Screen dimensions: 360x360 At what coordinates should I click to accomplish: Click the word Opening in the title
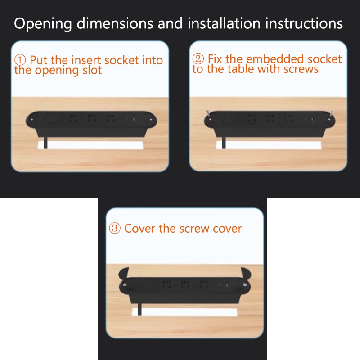point(43,24)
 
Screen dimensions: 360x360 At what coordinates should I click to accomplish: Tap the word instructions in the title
point(304,23)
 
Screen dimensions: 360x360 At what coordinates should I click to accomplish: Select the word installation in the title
point(224,23)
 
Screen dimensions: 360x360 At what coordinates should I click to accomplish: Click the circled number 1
point(20,60)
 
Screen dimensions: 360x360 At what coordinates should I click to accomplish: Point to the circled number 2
point(198,59)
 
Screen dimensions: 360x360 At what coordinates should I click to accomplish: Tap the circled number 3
point(115,229)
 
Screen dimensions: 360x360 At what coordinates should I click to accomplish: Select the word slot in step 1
point(92,70)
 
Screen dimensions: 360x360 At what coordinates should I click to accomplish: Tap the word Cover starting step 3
point(139,229)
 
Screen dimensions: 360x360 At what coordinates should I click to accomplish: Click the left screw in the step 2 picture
point(208,113)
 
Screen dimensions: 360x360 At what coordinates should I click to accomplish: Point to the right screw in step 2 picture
point(331,113)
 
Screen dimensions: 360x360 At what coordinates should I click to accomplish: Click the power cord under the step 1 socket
point(45,143)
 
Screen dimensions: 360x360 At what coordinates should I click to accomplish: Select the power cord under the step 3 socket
point(139,310)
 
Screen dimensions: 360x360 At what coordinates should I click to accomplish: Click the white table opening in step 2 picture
point(269,145)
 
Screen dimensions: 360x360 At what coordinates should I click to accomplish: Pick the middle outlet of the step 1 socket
point(92,118)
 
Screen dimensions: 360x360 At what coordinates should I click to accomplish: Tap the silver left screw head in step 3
point(125,285)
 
